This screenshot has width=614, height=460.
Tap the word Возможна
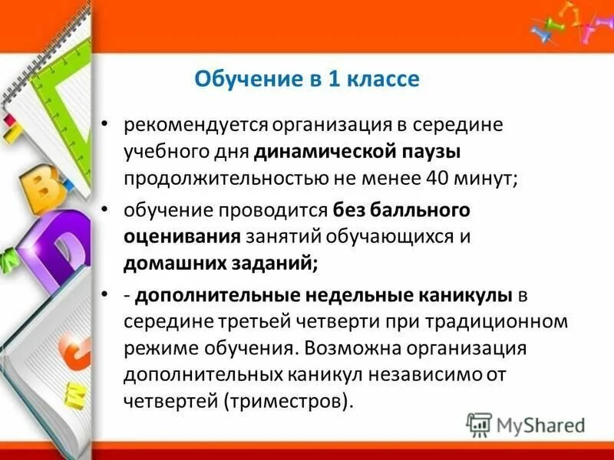(x=349, y=347)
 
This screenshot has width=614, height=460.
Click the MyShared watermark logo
(x=526, y=424)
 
